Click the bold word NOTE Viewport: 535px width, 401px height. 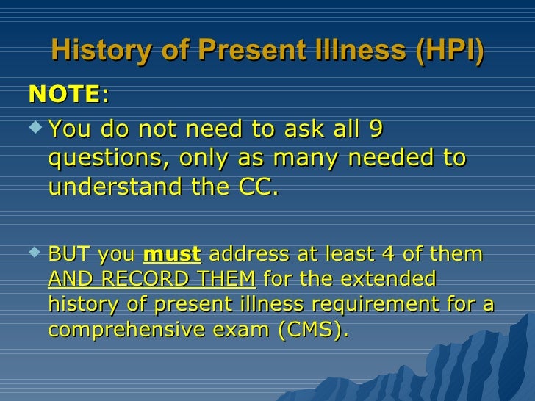(x=64, y=94)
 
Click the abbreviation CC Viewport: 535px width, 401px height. (x=259, y=187)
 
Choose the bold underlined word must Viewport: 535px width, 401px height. (x=171, y=255)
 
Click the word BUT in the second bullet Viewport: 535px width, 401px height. (x=66, y=255)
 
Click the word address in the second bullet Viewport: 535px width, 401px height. (x=243, y=255)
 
